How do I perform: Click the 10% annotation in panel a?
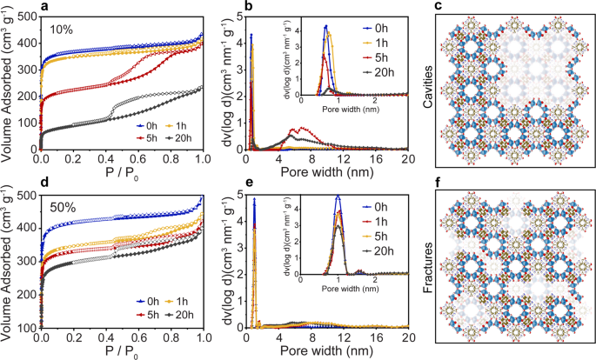(x=62, y=30)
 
